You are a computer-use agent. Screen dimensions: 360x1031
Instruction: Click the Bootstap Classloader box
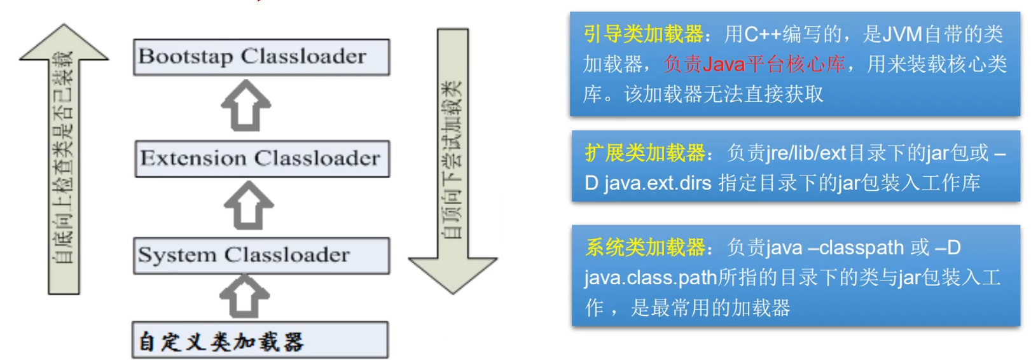point(261,57)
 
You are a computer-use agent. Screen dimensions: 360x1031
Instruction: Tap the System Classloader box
point(261,256)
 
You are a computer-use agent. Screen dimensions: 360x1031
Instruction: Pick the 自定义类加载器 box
point(259,340)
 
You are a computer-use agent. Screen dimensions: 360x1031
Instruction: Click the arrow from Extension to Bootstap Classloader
point(246,106)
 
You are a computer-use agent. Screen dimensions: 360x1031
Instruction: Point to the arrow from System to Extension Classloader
point(249,205)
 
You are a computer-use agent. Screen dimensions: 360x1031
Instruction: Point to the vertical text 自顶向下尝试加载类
point(452,159)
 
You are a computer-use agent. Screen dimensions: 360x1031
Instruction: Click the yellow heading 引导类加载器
point(644,34)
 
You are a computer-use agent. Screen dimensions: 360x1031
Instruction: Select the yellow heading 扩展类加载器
point(645,153)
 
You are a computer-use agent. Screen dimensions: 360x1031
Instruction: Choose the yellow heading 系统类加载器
point(645,247)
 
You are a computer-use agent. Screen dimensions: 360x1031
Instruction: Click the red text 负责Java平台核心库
point(754,64)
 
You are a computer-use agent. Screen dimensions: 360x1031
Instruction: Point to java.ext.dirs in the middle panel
point(657,183)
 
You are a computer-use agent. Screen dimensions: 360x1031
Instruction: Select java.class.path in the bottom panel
point(650,278)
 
